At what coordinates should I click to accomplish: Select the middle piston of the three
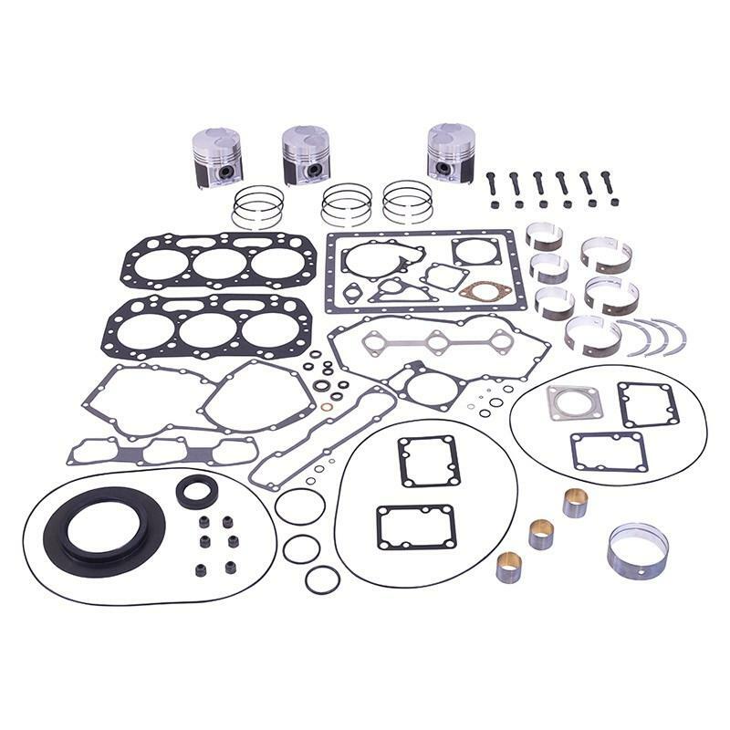click(x=306, y=153)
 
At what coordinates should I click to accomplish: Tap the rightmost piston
click(x=451, y=151)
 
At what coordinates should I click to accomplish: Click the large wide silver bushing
click(x=637, y=549)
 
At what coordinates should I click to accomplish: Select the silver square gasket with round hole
click(x=574, y=402)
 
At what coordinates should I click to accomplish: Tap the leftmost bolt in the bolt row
click(x=492, y=185)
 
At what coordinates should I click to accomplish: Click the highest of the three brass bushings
click(x=575, y=503)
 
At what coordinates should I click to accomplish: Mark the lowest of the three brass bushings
click(x=508, y=567)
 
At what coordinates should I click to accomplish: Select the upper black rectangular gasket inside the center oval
click(x=429, y=461)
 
